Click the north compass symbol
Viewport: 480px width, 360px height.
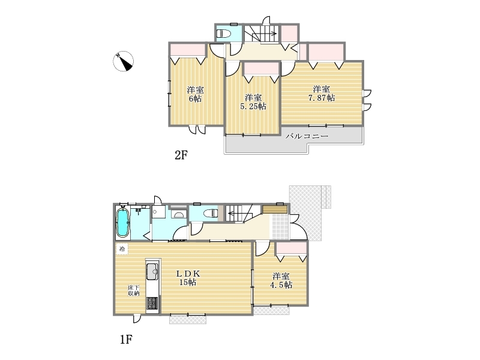124,61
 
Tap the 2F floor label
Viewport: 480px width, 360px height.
181,155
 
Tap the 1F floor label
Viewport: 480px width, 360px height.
126,340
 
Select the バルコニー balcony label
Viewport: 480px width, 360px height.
307,136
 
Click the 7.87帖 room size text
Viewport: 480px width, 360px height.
322,98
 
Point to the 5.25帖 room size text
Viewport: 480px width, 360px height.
253,106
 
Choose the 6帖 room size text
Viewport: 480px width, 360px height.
195,98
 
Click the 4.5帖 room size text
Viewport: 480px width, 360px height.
281,285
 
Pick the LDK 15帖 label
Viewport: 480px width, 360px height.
188,278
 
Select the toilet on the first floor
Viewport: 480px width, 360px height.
211,213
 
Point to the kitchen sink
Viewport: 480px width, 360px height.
152,271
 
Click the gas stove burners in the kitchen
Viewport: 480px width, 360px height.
152,303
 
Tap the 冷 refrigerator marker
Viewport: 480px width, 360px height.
122,249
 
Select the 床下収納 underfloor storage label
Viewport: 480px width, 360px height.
134,290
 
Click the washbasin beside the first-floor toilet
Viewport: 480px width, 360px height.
179,214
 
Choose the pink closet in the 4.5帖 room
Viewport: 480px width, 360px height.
292,248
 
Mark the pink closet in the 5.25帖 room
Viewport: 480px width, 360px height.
262,69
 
